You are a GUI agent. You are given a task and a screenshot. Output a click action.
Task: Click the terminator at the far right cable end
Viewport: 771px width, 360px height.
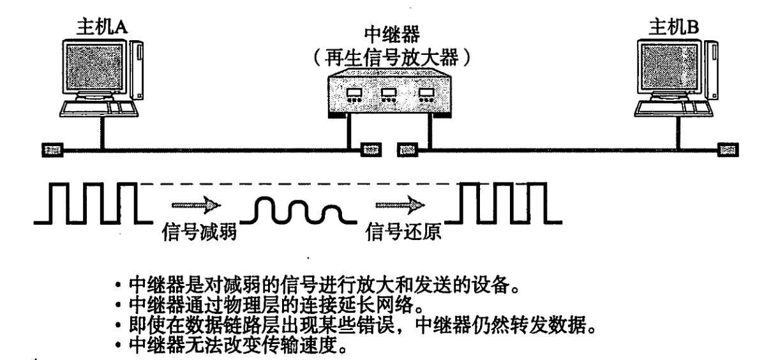726,151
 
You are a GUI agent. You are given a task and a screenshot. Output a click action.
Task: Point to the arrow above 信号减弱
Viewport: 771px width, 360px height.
197,206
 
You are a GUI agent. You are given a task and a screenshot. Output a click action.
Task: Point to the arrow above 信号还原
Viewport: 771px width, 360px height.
398,206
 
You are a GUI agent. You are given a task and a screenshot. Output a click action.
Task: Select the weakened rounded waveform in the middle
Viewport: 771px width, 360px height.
300,210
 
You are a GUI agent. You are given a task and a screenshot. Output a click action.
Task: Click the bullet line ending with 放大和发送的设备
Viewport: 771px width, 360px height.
306,285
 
